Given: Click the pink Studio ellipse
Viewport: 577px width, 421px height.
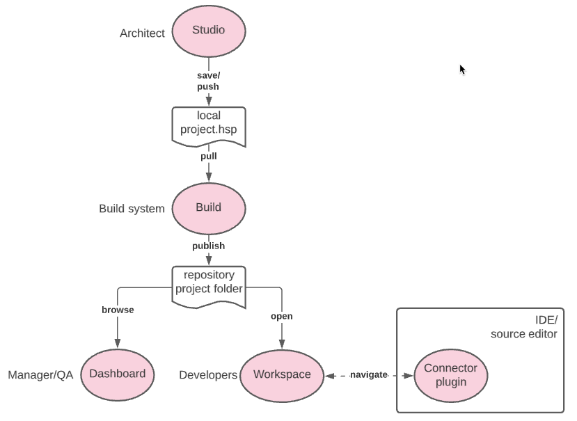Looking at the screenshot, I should (209, 31).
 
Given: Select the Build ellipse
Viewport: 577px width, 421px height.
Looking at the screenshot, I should (209, 207).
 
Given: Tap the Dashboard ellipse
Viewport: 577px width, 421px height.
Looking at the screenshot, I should (118, 374).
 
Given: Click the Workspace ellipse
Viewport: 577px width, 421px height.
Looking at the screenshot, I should (282, 375).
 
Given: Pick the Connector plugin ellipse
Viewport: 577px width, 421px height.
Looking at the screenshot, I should (451, 375).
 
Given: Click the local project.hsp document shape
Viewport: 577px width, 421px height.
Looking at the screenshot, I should (209, 124).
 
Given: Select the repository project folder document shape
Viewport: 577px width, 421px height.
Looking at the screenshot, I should (209, 283).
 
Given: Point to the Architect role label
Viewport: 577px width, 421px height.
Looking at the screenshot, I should (143, 33).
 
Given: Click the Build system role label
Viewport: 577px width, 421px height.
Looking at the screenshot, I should (132, 209).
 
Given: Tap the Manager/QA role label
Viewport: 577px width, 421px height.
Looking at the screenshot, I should (40, 375).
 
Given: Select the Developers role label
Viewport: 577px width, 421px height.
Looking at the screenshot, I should (208, 375).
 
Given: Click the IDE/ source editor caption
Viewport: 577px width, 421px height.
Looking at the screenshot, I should (524, 327).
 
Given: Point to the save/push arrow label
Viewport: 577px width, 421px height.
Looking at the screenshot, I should (208, 81).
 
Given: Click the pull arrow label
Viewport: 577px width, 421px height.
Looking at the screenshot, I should (209, 157).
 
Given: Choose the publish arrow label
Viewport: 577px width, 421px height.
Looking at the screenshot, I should (209, 246).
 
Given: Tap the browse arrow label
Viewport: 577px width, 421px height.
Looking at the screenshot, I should (118, 310).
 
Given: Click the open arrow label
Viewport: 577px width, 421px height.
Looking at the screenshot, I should (282, 317).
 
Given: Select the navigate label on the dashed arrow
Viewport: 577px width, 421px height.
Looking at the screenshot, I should (368, 375).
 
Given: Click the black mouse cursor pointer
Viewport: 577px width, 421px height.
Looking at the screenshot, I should (462, 69).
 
